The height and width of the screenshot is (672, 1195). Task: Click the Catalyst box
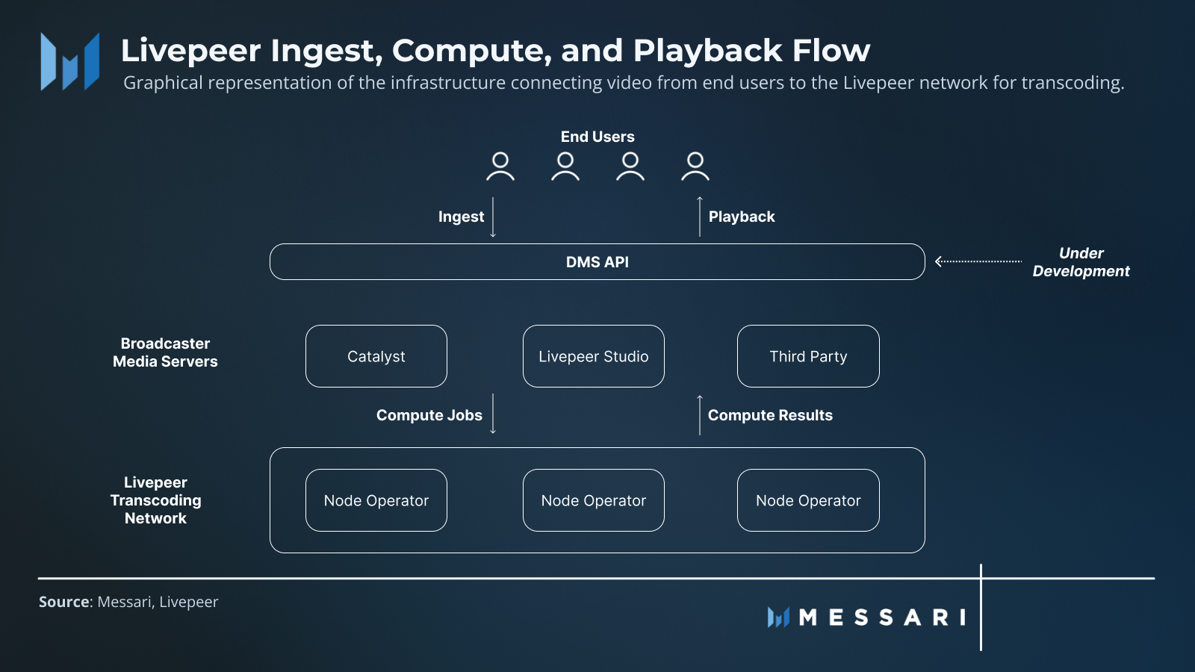376,356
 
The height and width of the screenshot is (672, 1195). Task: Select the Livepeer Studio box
594,356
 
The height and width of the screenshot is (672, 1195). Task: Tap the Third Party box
808,356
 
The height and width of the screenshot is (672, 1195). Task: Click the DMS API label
597,262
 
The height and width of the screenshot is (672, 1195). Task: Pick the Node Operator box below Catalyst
376,500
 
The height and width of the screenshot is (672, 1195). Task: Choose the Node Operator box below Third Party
808,500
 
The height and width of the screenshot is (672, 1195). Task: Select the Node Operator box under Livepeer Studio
594,500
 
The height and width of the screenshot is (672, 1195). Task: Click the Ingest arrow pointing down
493,217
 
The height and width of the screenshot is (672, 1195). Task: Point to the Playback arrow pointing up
700,217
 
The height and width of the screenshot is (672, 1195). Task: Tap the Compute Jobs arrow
493,414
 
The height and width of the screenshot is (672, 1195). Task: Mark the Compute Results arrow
700,415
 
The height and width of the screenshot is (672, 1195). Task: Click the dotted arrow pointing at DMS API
978,261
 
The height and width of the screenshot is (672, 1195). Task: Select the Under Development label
1081,262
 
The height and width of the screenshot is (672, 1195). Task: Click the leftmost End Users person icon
500,167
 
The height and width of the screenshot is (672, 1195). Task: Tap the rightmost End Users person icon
695,167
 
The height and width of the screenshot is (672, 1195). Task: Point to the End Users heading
597,137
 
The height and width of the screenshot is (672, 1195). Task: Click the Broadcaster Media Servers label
165,352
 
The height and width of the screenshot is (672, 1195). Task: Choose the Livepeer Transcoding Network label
155,500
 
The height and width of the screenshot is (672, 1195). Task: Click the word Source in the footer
63,602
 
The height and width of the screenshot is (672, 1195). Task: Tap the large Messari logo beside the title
70,61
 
